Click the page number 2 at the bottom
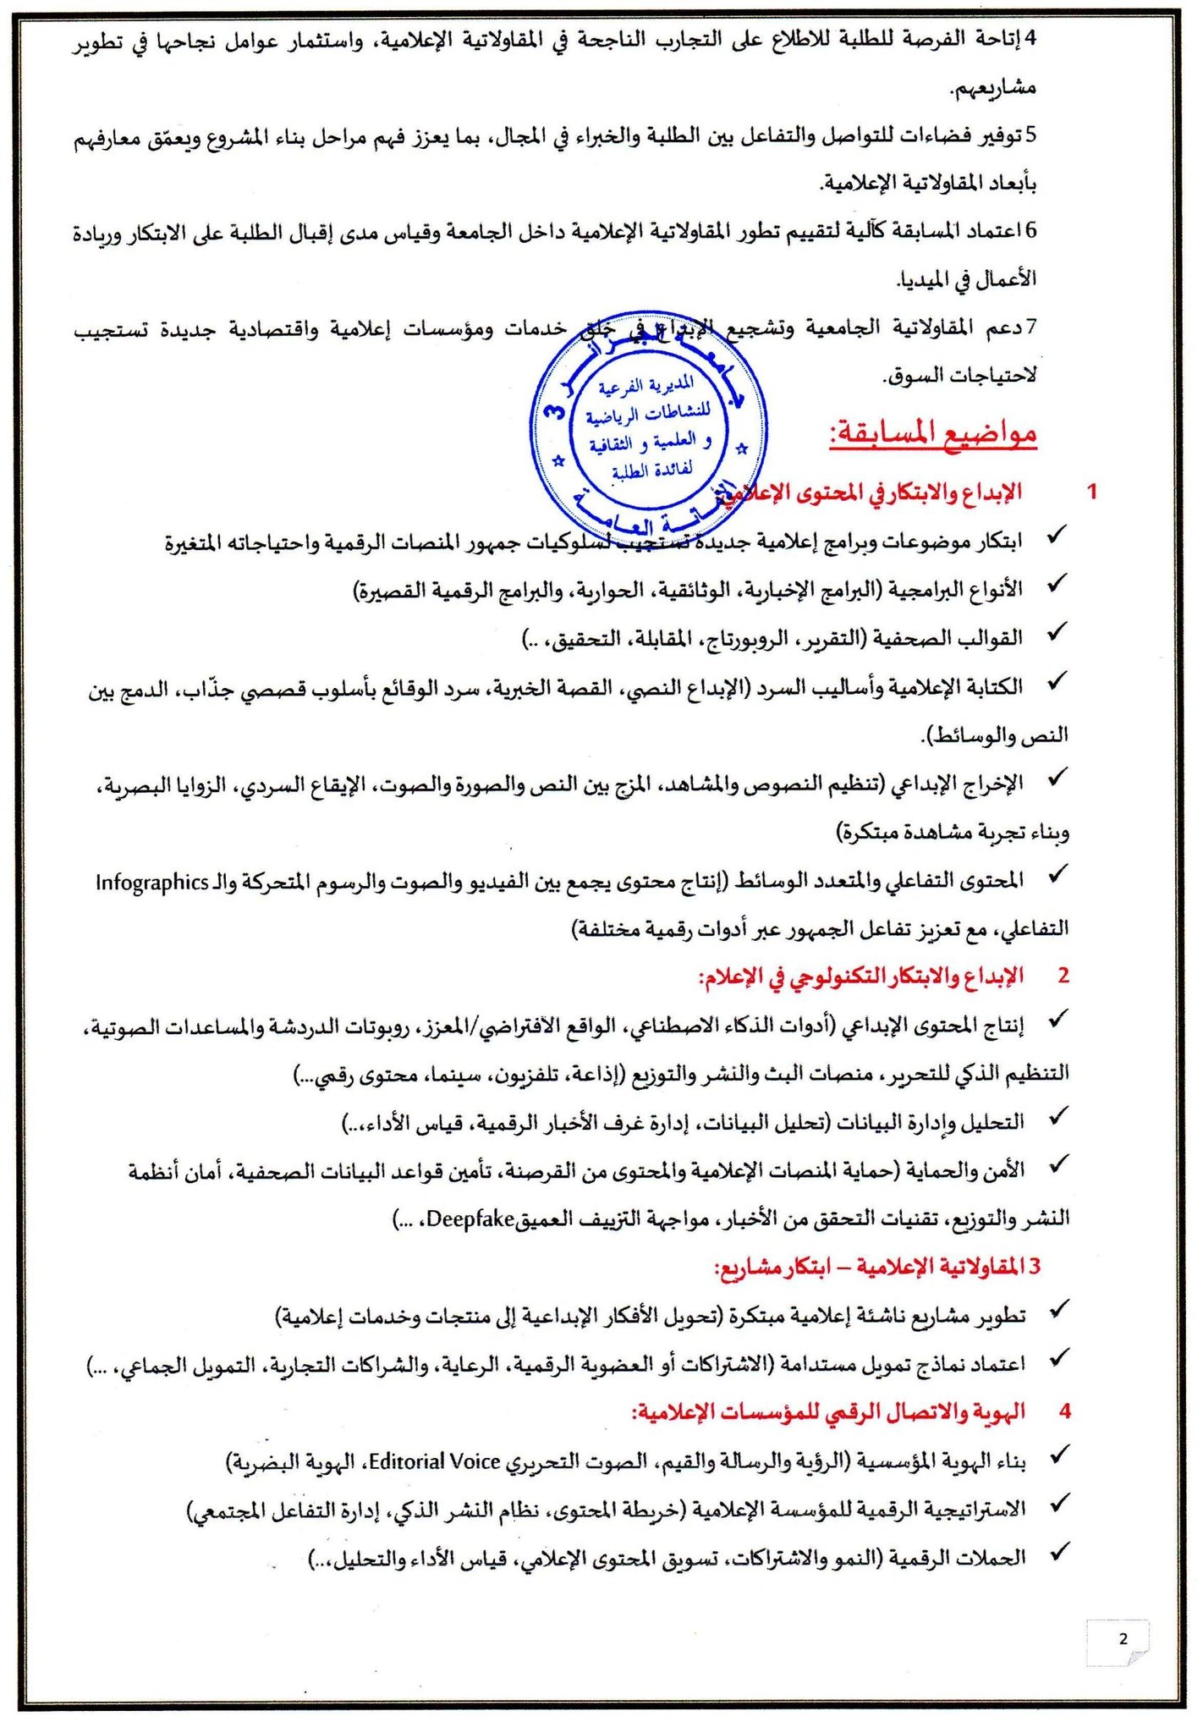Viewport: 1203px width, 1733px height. click(x=1123, y=1639)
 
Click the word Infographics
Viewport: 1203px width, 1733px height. click(x=152, y=883)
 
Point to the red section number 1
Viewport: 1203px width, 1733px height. click(x=1092, y=492)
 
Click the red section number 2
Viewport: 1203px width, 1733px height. click(x=1063, y=976)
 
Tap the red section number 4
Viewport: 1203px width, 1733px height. click(x=1065, y=1411)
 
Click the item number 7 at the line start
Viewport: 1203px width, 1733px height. click(x=1030, y=327)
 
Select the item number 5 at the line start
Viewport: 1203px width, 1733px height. click(x=1030, y=135)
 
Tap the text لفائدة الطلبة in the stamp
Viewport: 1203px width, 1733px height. click(x=651, y=470)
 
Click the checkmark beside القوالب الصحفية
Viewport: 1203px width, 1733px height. click(x=1057, y=633)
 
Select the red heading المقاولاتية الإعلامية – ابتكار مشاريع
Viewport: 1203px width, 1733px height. click(x=877, y=1267)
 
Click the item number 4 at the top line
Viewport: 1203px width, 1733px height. click(x=1030, y=38)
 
